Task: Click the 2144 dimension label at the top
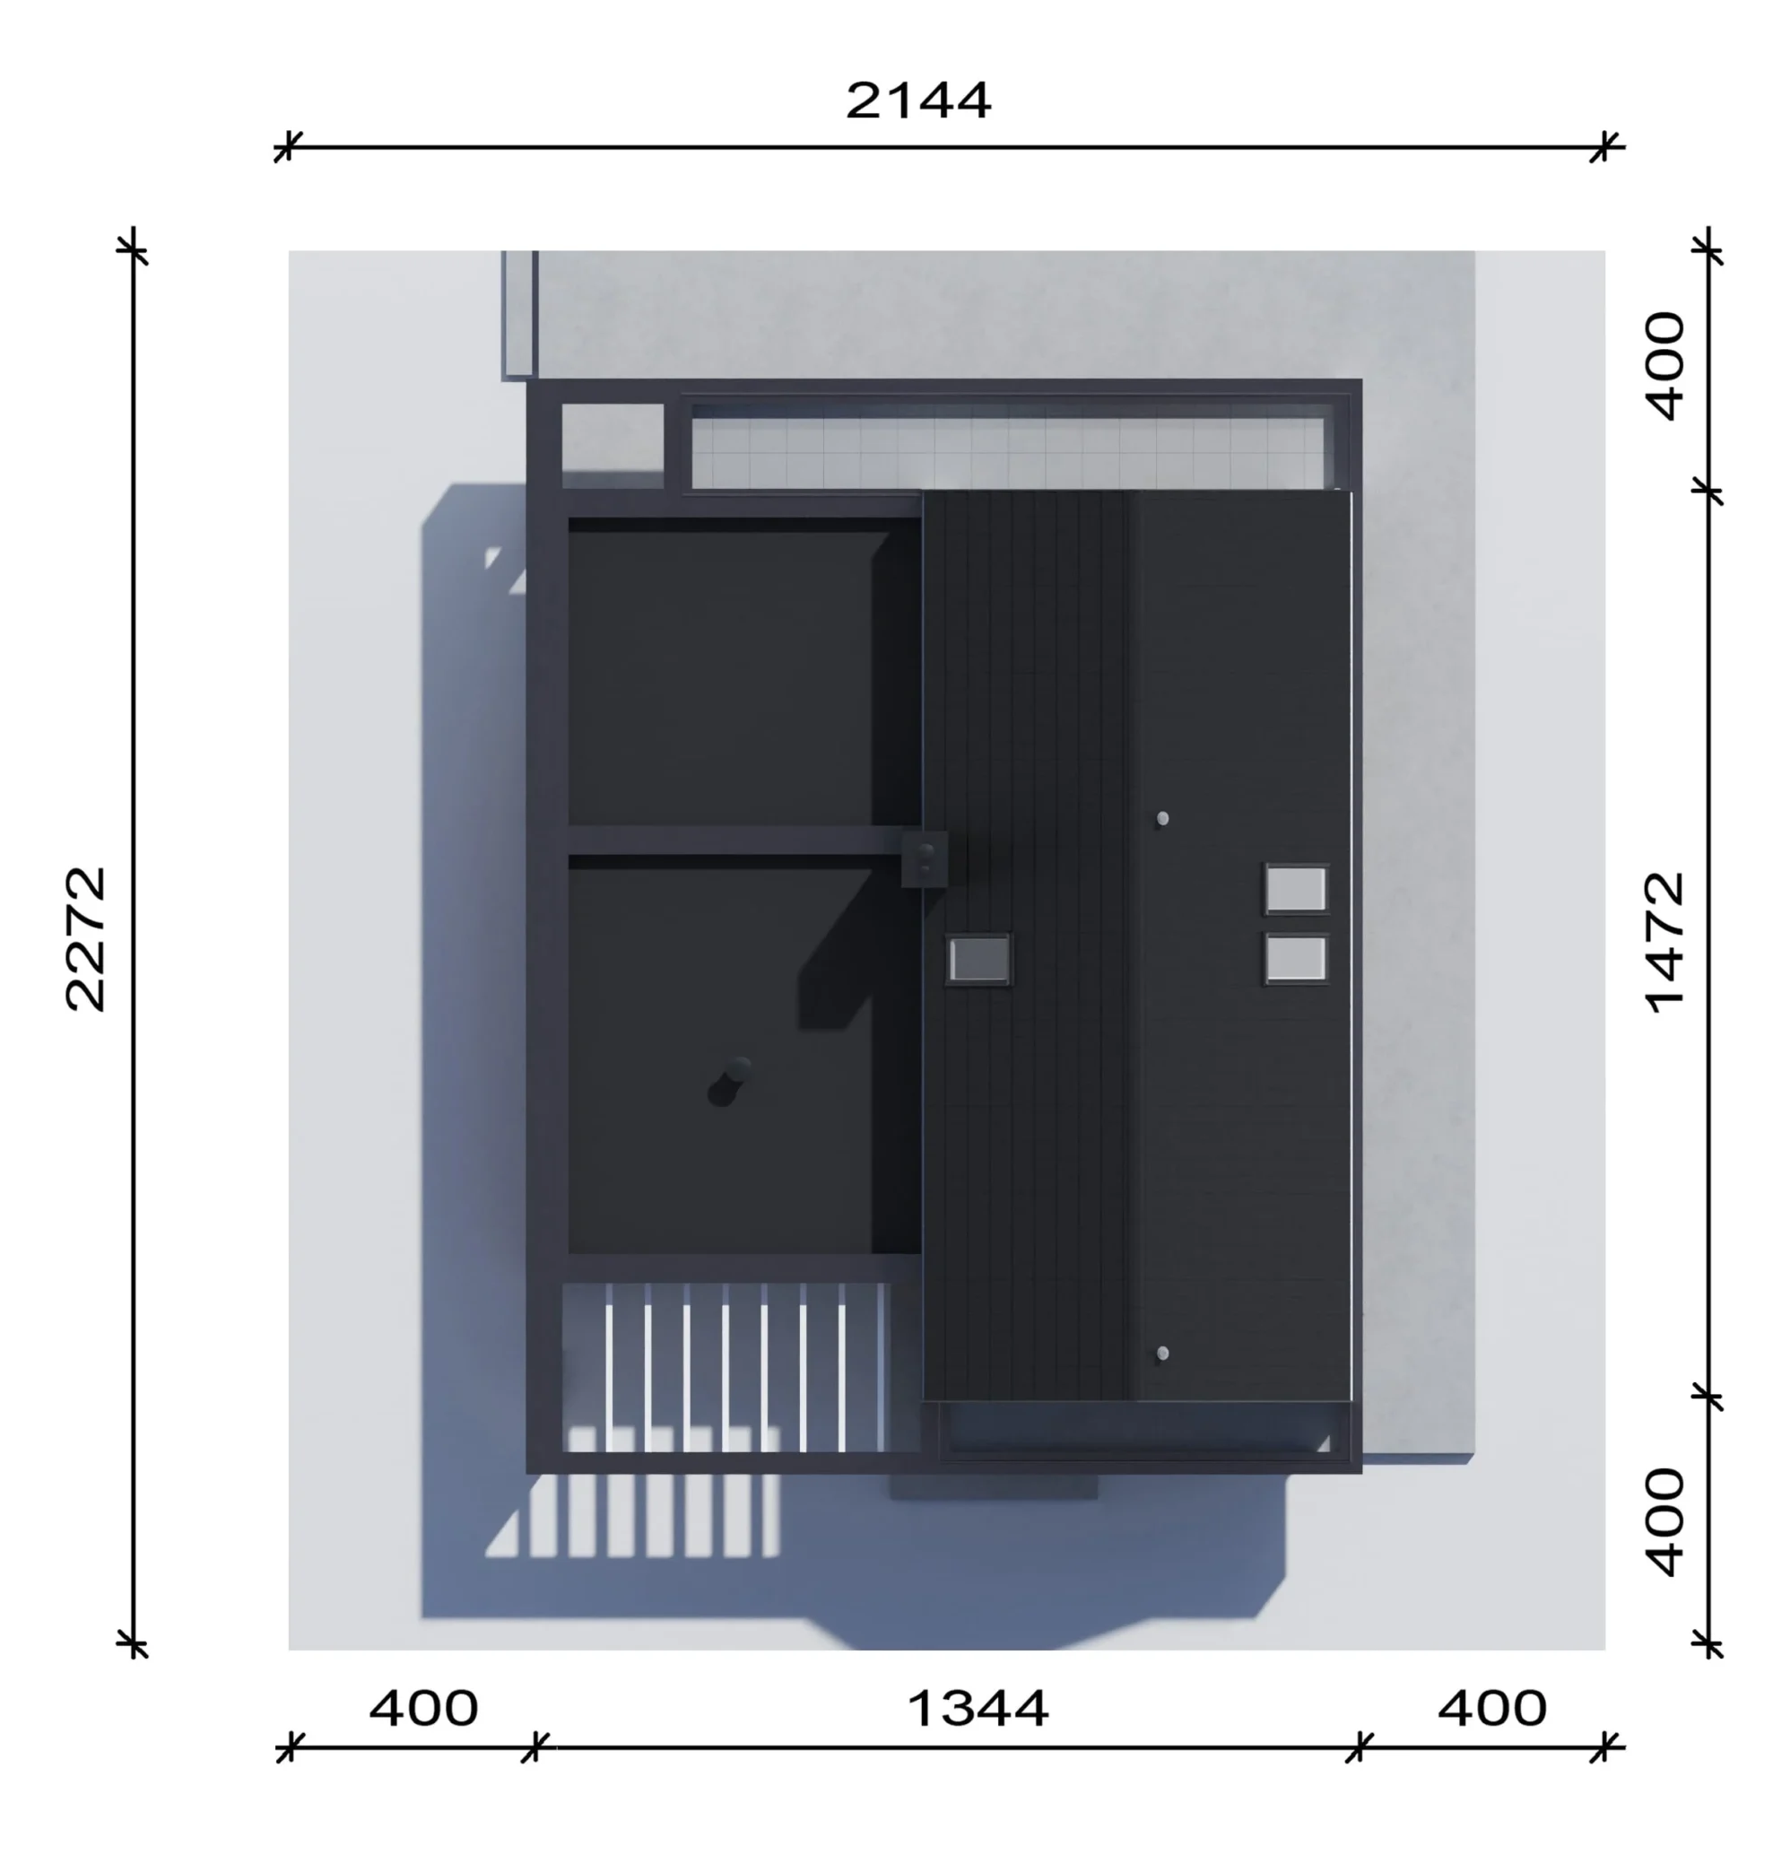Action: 917,100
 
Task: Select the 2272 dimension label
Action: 86,939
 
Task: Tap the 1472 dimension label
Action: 1665,942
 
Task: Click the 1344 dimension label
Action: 978,1709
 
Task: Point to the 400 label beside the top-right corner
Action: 1665,366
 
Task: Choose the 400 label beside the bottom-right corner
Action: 1665,1522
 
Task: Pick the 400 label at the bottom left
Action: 423,1709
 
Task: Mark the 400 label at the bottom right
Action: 1492,1709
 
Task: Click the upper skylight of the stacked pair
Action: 1296,889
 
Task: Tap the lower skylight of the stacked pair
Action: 1296,959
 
